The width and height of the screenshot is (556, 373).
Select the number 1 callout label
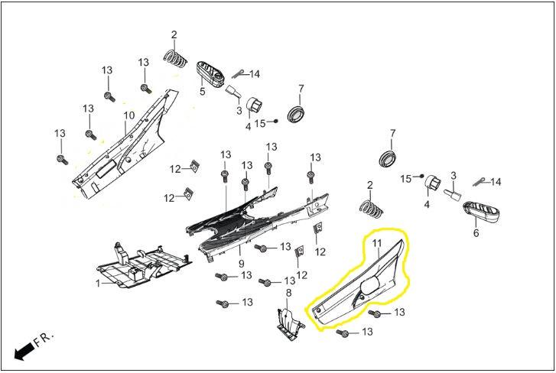click(98, 284)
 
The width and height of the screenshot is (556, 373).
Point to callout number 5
click(203, 92)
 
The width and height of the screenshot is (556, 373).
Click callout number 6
click(476, 233)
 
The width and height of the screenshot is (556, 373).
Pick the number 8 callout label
click(288, 294)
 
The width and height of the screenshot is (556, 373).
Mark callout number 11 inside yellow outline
click(376, 243)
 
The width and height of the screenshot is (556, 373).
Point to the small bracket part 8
click(289, 322)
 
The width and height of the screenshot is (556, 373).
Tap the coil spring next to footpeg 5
click(177, 57)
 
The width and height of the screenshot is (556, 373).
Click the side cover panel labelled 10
click(122, 149)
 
